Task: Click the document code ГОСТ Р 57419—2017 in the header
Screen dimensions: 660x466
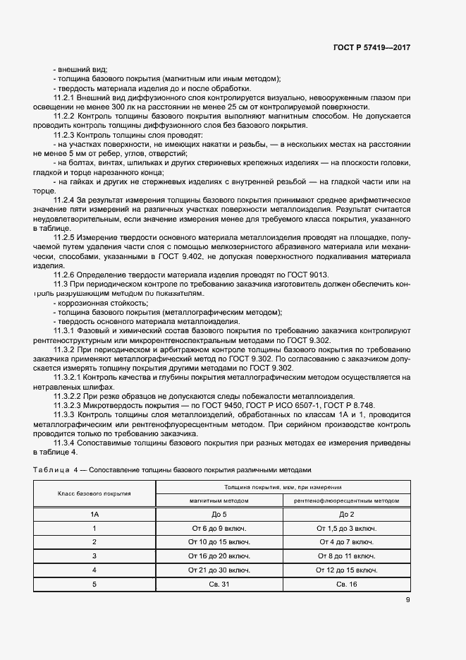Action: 372,48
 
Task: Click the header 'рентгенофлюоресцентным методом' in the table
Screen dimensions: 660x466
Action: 347,500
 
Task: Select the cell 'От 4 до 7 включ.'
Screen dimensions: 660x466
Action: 347,542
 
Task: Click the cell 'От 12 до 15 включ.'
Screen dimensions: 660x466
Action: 347,570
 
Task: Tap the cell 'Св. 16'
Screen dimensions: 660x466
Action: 347,583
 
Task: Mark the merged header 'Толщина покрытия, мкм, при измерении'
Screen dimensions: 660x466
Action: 283,487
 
